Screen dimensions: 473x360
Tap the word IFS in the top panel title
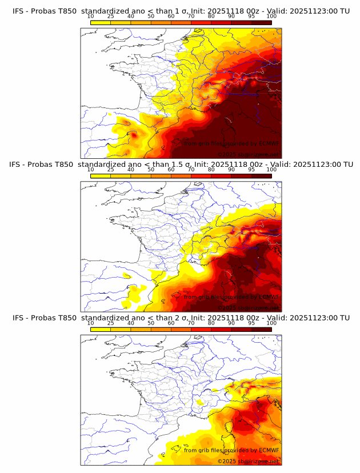pos(19,11)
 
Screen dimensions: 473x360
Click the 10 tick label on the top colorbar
pos(90,17)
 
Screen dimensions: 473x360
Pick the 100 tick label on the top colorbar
pos(271,17)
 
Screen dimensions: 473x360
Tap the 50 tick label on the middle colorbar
pos(151,170)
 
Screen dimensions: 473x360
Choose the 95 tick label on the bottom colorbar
pos(251,323)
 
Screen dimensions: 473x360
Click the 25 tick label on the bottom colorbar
pos(110,323)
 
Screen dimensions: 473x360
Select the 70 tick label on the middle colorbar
pos(191,170)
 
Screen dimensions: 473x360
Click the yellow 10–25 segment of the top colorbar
pos(101,22)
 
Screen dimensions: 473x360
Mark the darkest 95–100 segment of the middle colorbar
pos(261,175)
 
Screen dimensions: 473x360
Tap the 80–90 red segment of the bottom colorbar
pos(221,328)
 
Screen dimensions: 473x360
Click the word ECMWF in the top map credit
pos(269,143)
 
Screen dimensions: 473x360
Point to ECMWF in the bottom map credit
pos(269,450)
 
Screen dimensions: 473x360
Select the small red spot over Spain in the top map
pos(132,134)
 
